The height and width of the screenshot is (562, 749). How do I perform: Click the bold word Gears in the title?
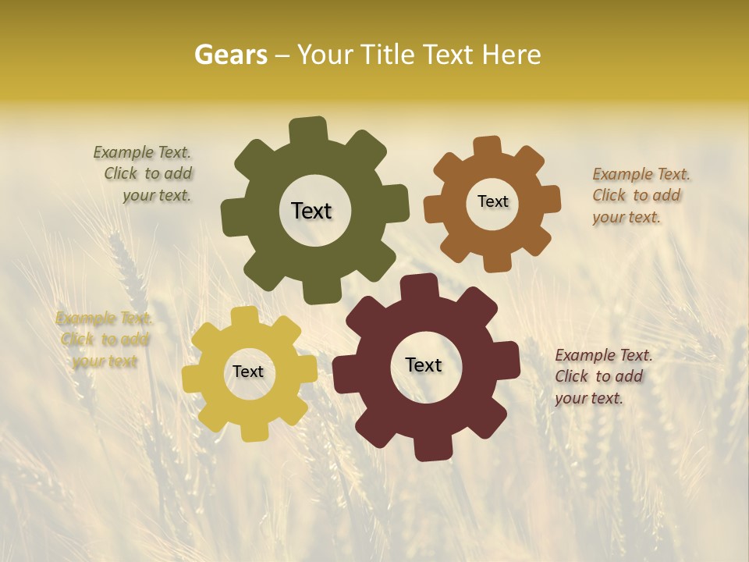[x=230, y=55]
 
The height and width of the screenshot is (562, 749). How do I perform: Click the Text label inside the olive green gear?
[x=311, y=211]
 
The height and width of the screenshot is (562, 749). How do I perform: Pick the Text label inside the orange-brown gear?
[x=492, y=201]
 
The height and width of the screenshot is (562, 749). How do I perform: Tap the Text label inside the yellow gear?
[x=248, y=372]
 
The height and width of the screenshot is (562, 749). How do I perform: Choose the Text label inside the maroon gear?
[x=424, y=365]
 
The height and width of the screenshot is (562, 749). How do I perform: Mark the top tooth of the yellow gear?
[x=244, y=316]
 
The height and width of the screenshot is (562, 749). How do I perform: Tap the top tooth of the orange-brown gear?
[x=488, y=146]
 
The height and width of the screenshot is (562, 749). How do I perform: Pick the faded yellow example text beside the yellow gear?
[x=104, y=340]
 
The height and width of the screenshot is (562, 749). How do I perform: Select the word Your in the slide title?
[x=328, y=55]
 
